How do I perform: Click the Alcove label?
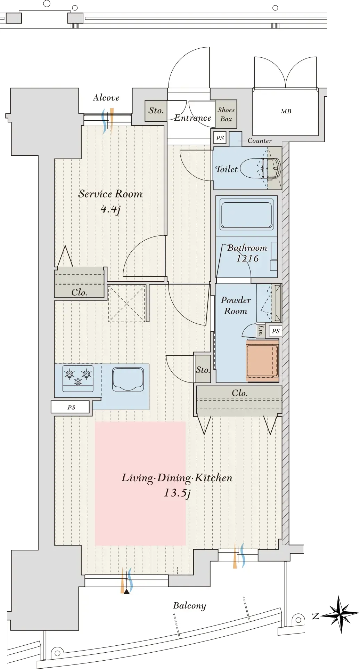pyautogui.click(x=106, y=98)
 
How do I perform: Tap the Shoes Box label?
pyautogui.click(x=226, y=114)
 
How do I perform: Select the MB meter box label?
pyautogui.click(x=286, y=111)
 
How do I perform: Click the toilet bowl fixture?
pyautogui.click(x=260, y=168)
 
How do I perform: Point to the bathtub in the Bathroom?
pyautogui.click(x=246, y=215)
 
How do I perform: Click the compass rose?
pyautogui.click(x=339, y=614)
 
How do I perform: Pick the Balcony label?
pyautogui.click(x=189, y=606)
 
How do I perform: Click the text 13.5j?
pyautogui.click(x=177, y=493)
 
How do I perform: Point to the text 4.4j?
pyautogui.click(x=111, y=209)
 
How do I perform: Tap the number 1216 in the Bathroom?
pyautogui.click(x=247, y=258)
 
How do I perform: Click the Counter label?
pyautogui.click(x=260, y=141)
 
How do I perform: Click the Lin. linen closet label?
pyautogui.click(x=261, y=331)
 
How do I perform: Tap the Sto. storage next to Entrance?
pyautogui.click(x=156, y=111)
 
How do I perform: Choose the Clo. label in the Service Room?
pyautogui.click(x=79, y=292)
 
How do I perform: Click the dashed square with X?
pyautogui.click(x=126, y=304)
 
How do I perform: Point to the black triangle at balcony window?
pyautogui.click(x=126, y=591)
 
